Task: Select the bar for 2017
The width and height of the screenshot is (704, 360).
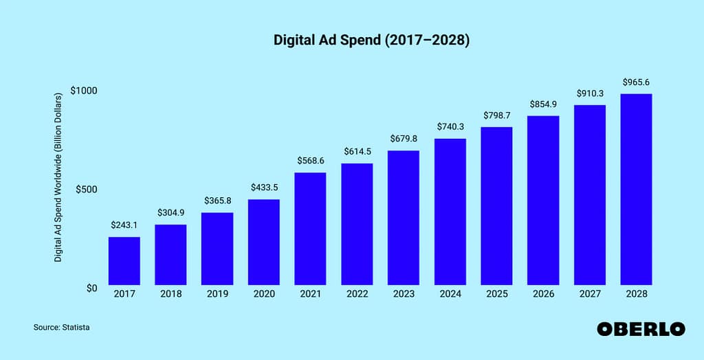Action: [124, 260]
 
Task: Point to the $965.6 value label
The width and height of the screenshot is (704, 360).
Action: [636, 82]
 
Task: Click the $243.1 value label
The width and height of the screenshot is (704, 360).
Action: [124, 225]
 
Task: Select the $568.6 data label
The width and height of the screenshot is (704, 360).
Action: [310, 160]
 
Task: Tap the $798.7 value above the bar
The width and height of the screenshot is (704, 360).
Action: [496, 115]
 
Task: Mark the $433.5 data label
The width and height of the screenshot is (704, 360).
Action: [263, 187]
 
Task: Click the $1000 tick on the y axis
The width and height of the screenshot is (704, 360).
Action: [84, 91]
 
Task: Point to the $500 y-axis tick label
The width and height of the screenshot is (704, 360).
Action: [87, 189]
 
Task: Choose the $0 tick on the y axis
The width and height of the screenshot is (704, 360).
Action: [91, 288]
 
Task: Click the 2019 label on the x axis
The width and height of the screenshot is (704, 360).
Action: [217, 294]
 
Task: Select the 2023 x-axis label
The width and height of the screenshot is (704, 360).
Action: [404, 294]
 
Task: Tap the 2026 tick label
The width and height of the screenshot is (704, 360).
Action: [543, 294]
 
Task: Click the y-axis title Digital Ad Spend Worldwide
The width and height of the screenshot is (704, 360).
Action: [59, 177]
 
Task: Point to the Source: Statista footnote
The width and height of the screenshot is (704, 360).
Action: [61, 328]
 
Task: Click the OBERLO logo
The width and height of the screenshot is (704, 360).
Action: [641, 329]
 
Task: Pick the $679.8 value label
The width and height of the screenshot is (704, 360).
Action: [404, 138]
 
